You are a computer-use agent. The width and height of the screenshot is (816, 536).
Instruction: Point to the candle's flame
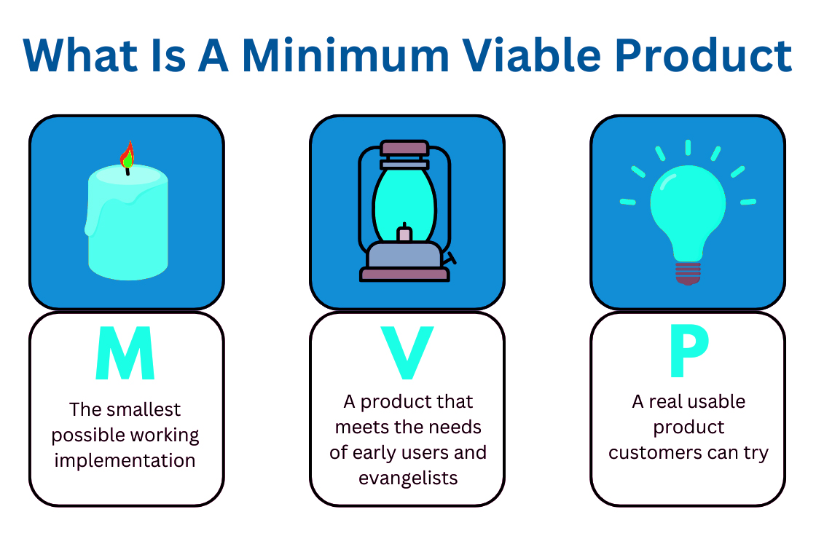pyautogui.click(x=127, y=154)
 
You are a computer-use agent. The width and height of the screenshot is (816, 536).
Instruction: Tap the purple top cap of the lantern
pyautogui.click(x=404, y=148)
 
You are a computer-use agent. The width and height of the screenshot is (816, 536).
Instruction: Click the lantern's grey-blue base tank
pyautogui.click(x=404, y=255)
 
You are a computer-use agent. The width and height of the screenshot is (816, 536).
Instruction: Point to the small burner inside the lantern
pyautogui.click(x=404, y=234)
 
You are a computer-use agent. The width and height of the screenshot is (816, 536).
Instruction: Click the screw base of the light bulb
pyautogui.click(x=687, y=272)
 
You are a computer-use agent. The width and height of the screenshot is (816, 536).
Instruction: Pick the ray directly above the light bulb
pyautogui.click(x=687, y=147)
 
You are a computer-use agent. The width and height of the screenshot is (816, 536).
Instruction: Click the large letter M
pyautogui.click(x=125, y=354)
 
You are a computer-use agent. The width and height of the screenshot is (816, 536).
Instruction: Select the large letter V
pyautogui.click(x=407, y=354)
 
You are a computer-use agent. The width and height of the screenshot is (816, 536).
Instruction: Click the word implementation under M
pyautogui.click(x=125, y=461)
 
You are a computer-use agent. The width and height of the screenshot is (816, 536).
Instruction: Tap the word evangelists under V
pyautogui.click(x=408, y=478)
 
